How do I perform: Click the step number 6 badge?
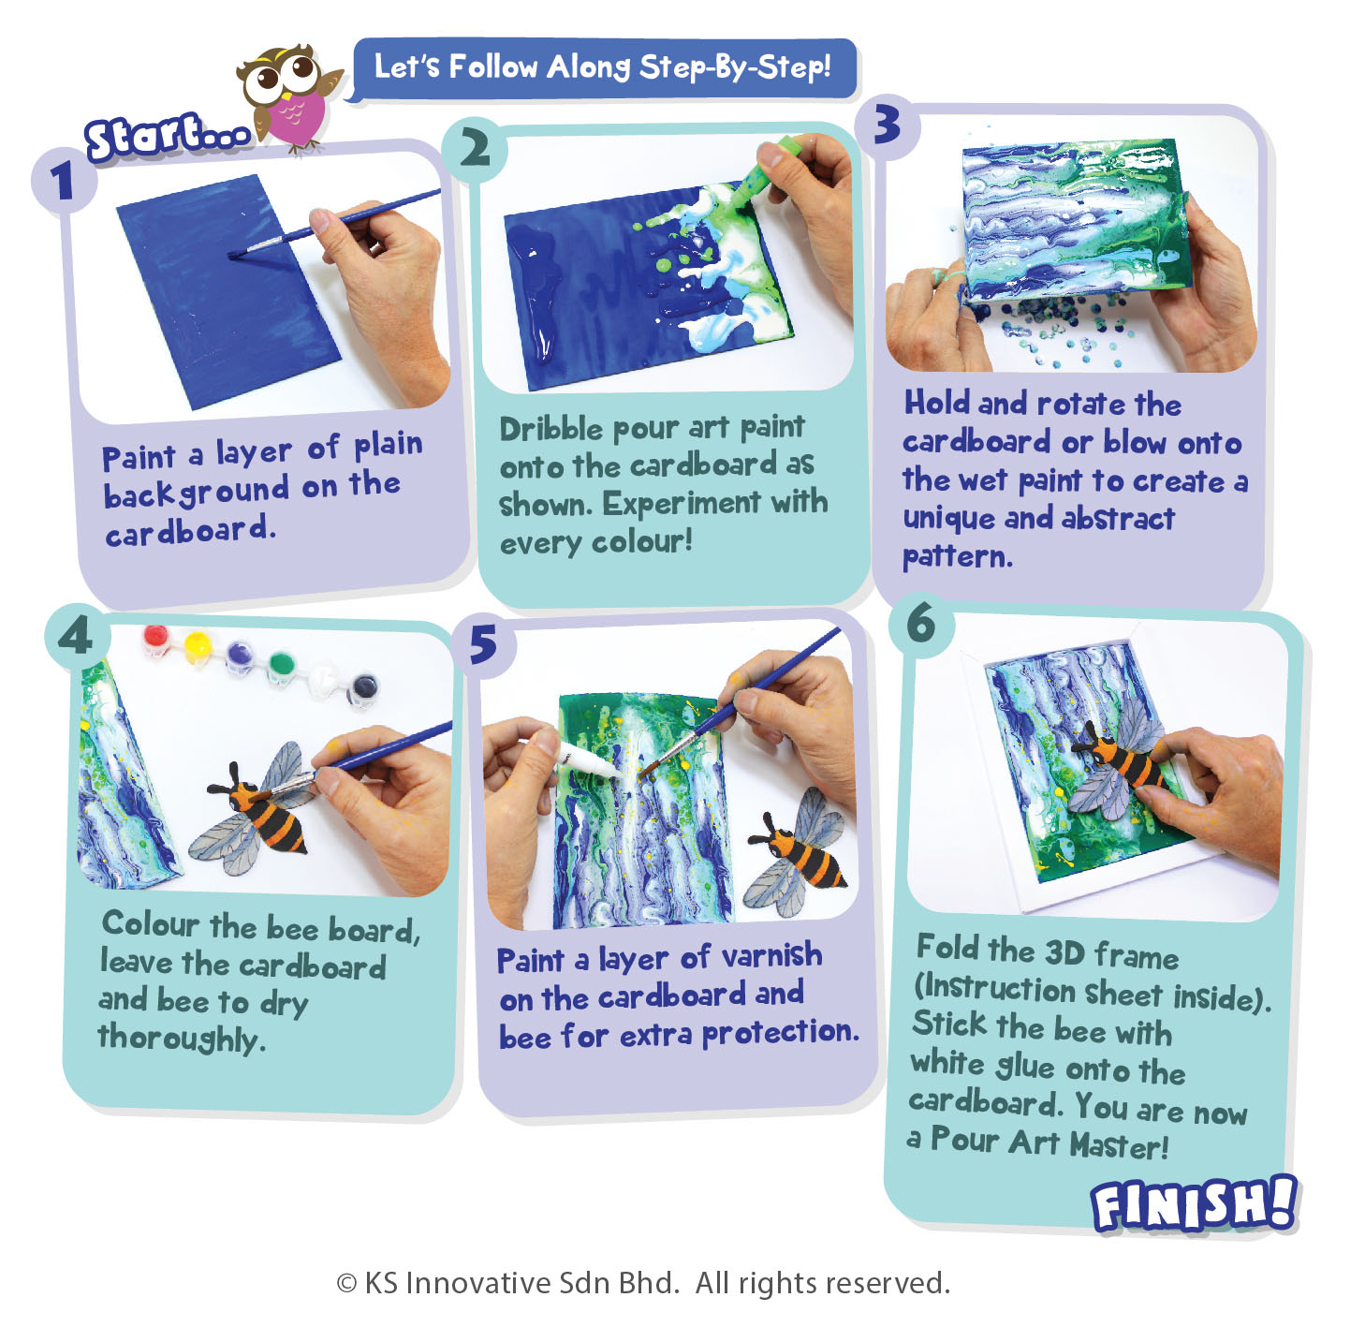921,624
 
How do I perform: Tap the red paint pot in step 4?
155,640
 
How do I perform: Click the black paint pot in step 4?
364,687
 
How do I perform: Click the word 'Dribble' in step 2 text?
550,429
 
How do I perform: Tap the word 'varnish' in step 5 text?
771,955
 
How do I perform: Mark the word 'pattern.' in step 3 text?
958,556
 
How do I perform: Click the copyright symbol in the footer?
346,1284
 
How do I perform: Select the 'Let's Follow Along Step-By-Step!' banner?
603,67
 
